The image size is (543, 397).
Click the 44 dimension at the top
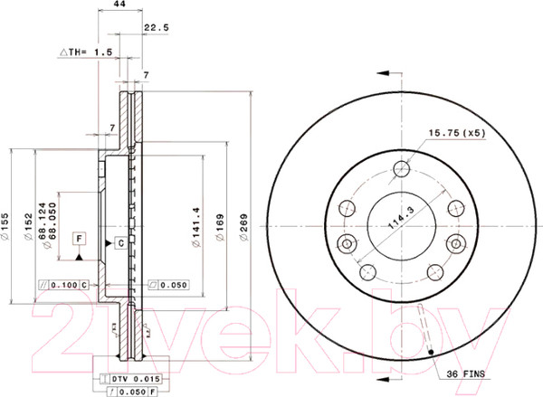click(118, 5)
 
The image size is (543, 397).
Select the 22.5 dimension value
click(157, 28)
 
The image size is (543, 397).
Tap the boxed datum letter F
click(81, 239)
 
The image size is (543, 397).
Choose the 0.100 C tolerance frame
click(64, 286)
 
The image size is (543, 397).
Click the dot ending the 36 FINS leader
click(433, 352)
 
